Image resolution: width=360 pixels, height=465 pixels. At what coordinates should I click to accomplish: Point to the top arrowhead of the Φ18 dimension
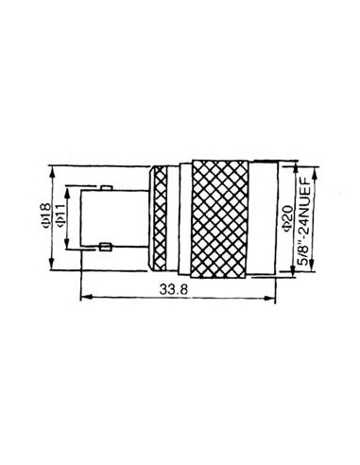[54, 171]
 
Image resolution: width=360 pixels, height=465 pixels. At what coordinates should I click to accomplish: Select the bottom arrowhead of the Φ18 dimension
[54, 269]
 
